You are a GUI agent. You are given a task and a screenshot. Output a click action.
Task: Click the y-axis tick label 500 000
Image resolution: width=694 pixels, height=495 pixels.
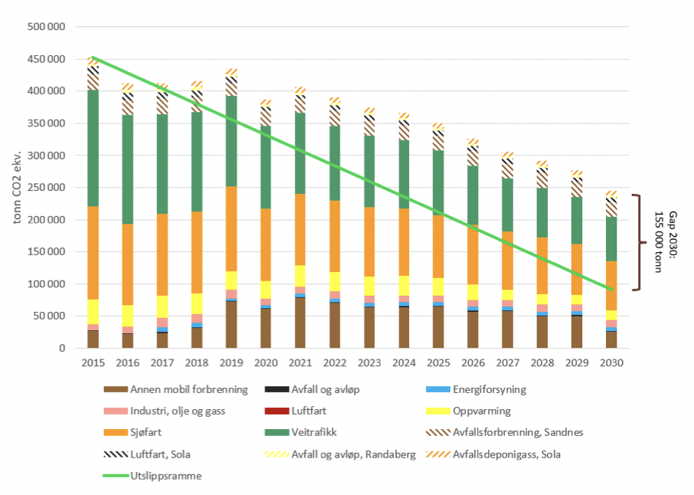point(46,27)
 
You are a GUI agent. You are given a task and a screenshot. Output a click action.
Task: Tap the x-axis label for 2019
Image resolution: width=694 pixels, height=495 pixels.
point(231,362)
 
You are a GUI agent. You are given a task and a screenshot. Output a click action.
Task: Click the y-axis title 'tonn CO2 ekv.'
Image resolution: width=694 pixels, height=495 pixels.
point(17,188)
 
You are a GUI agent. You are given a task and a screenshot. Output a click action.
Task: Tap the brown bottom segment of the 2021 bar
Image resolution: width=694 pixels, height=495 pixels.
point(300,323)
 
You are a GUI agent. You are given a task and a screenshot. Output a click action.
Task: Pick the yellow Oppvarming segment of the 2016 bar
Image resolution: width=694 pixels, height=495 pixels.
point(128,316)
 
